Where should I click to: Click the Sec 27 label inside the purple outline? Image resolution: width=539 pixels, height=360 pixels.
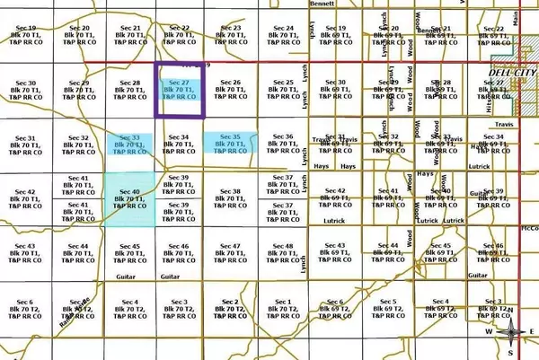(x=181, y=91)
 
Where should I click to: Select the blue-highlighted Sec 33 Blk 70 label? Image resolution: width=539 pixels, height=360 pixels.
(x=130, y=145)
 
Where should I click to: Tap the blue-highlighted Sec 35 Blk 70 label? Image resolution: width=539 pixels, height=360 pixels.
(x=231, y=145)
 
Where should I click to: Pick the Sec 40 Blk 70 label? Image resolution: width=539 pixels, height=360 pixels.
(x=130, y=198)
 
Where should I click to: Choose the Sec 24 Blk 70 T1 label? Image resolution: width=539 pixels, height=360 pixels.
(x=284, y=36)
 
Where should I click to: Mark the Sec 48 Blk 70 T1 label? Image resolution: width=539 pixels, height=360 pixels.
(x=284, y=253)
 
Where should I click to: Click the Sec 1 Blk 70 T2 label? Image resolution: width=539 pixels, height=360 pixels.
(x=284, y=308)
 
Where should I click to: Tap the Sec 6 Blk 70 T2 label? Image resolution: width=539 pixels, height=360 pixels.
(x=25, y=308)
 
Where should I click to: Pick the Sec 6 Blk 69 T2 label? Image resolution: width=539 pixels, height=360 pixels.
(x=336, y=308)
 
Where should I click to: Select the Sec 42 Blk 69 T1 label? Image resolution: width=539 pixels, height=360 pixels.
(x=336, y=198)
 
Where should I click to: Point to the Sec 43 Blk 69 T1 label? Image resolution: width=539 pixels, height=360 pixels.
(x=336, y=253)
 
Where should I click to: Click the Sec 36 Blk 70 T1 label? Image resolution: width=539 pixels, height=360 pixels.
(x=284, y=145)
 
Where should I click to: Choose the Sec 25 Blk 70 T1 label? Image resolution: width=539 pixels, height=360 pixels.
(x=284, y=91)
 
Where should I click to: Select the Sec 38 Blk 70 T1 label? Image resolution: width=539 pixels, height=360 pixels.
(x=231, y=198)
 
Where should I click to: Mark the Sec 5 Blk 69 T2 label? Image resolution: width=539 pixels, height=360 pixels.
(x=388, y=308)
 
